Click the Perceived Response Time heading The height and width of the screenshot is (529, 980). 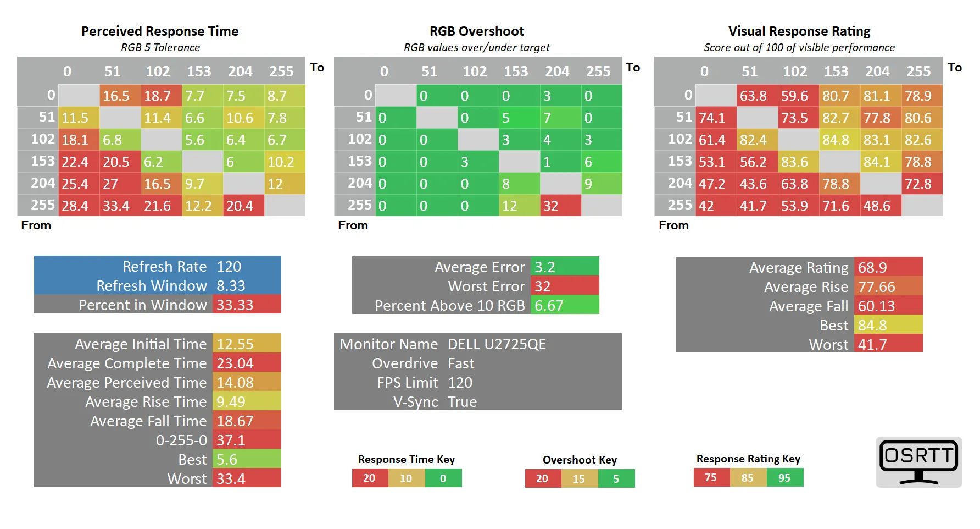(160, 31)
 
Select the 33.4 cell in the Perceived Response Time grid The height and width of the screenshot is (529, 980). (120, 206)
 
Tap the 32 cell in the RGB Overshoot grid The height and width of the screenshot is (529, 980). (560, 206)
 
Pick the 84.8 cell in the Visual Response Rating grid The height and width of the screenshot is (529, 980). (839, 140)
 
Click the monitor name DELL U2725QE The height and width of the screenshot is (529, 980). (497, 344)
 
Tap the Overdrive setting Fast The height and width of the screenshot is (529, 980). (461, 363)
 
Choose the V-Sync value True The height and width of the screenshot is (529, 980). (462, 402)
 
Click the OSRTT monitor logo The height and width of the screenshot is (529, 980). (918, 461)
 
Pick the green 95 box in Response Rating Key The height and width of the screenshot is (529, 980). (784, 478)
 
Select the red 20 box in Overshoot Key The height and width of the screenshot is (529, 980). (542, 478)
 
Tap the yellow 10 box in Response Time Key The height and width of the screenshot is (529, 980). (406, 478)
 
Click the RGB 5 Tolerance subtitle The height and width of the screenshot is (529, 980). (160, 47)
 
